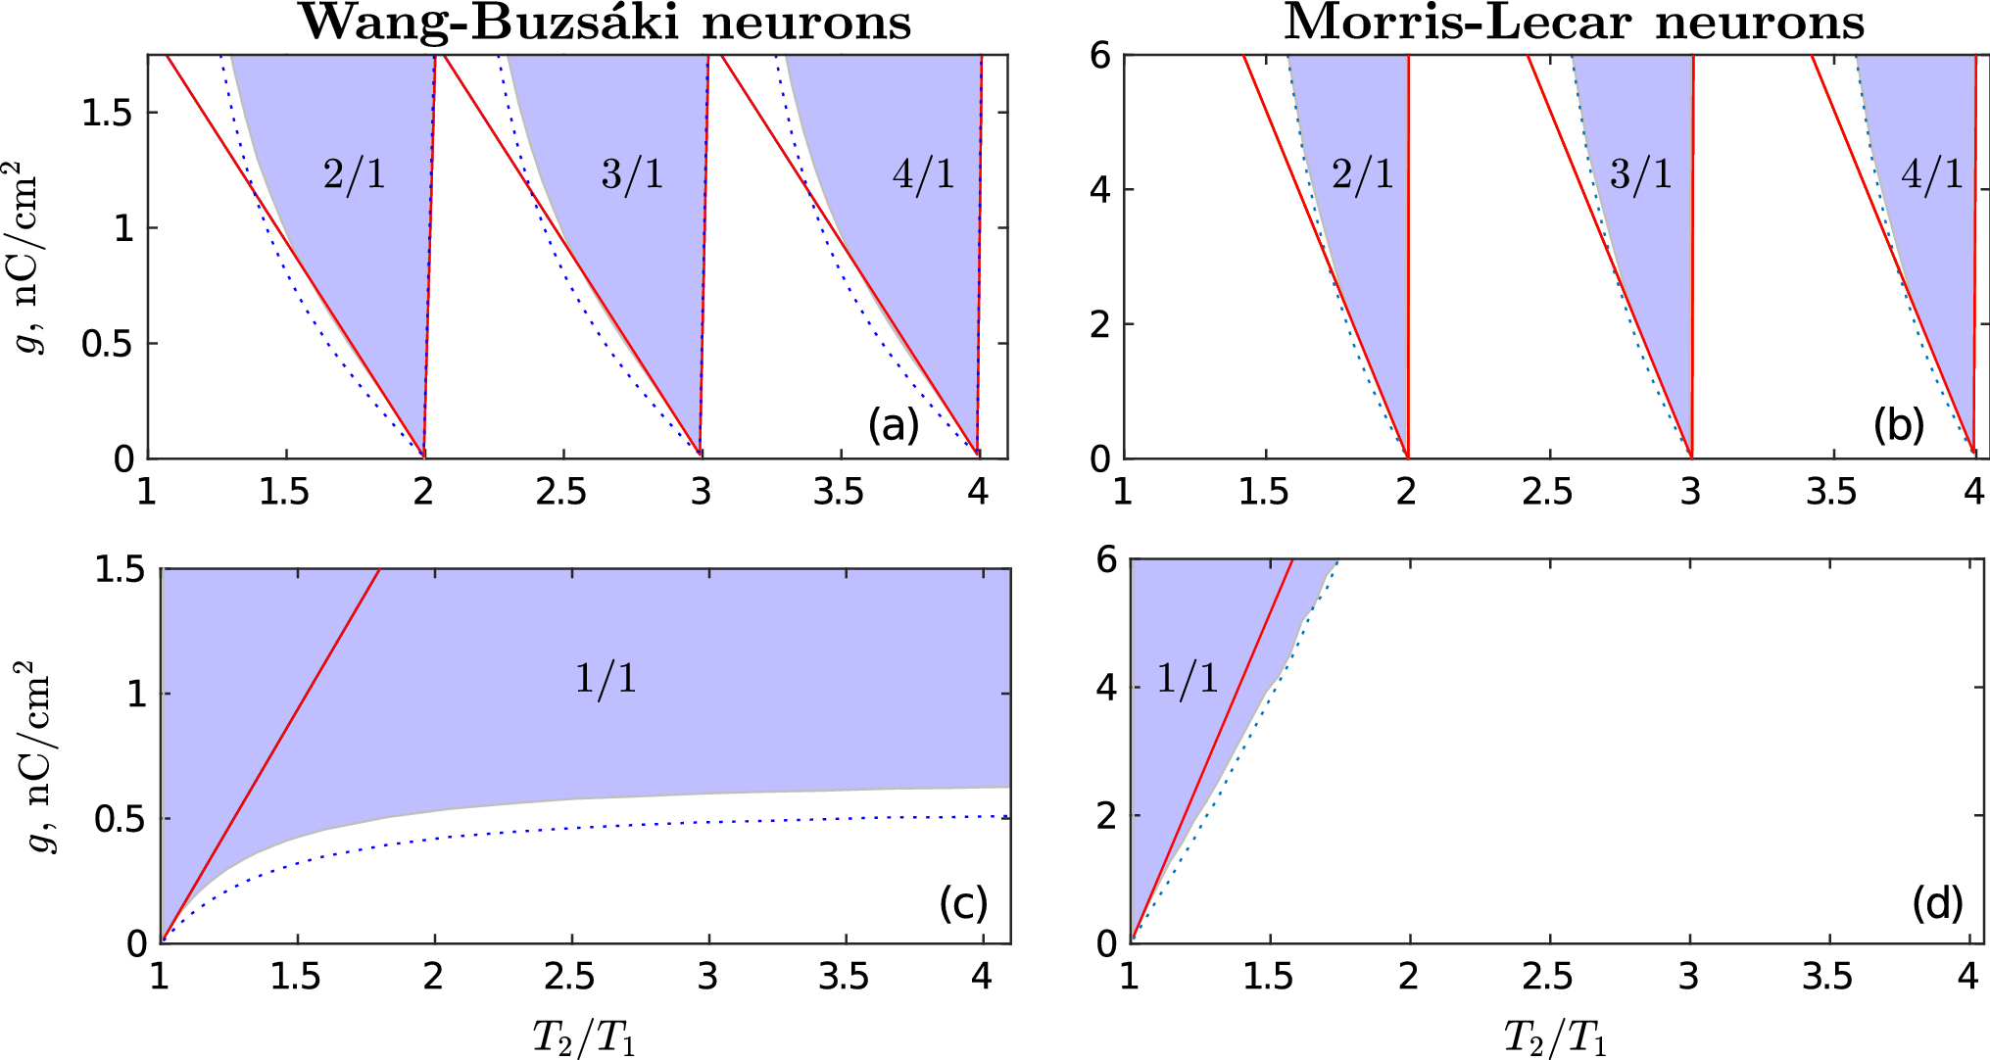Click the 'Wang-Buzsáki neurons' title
[605, 22]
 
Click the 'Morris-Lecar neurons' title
[1574, 22]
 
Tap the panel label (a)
[893, 425]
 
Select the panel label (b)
[1898, 425]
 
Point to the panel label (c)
[962, 902]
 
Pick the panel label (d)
[1937, 902]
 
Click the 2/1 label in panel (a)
[355, 174]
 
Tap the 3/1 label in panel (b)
[1641, 174]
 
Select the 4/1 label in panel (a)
[923, 174]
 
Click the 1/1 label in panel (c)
[605, 678]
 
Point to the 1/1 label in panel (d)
[1188, 678]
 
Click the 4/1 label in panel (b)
[1932, 174]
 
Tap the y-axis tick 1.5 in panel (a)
[107, 114]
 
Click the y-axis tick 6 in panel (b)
[1100, 56]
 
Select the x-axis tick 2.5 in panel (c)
[569, 977]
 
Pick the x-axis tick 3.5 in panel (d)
[1827, 977]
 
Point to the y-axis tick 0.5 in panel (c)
[120, 819]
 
